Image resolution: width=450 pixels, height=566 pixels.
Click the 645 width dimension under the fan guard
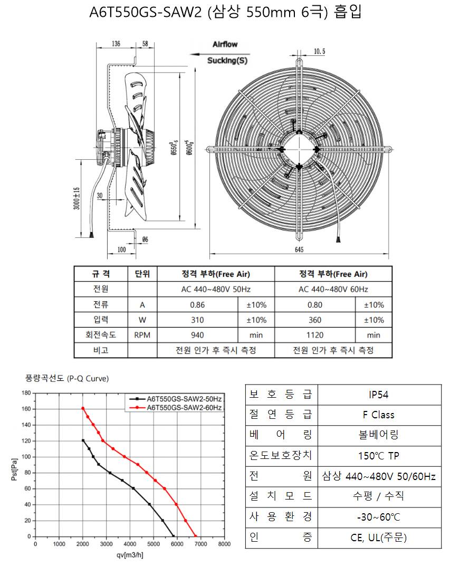(x=299, y=250)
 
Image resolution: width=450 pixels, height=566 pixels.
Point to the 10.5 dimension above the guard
(x=319, y=51)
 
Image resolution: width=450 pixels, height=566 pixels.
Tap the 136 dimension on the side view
(x=116, y=44)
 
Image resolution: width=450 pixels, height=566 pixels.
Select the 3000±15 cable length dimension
(x=76, y=198)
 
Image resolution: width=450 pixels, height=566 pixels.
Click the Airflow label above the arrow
(x=225, y=44)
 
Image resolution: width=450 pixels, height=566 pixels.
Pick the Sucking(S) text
(x=227, y=60)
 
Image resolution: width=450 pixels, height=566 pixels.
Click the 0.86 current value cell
(x=197, y=305)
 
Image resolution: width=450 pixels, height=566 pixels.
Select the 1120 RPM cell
(x=315, y=335)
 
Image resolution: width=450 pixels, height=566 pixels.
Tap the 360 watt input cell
(x=315, y=320)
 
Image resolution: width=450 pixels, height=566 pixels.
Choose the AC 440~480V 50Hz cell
(x=216, y=289)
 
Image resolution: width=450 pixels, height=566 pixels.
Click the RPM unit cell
(x=142, y=335)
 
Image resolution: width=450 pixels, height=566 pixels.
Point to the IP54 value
(x=379, y=395)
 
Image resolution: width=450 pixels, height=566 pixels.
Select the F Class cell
(x=379, y=415)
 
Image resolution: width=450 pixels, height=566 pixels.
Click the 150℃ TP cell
(x=379, y=456)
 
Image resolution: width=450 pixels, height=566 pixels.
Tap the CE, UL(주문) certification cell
(x=379, y=538)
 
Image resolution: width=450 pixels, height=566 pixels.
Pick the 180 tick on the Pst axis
(x=26, y=393)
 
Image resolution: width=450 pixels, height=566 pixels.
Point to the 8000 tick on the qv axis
(x=224, y=544)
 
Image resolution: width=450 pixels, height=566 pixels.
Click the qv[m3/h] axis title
(x=130, y=555)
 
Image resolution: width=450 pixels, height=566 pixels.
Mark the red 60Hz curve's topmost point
(x=83, y=408)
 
